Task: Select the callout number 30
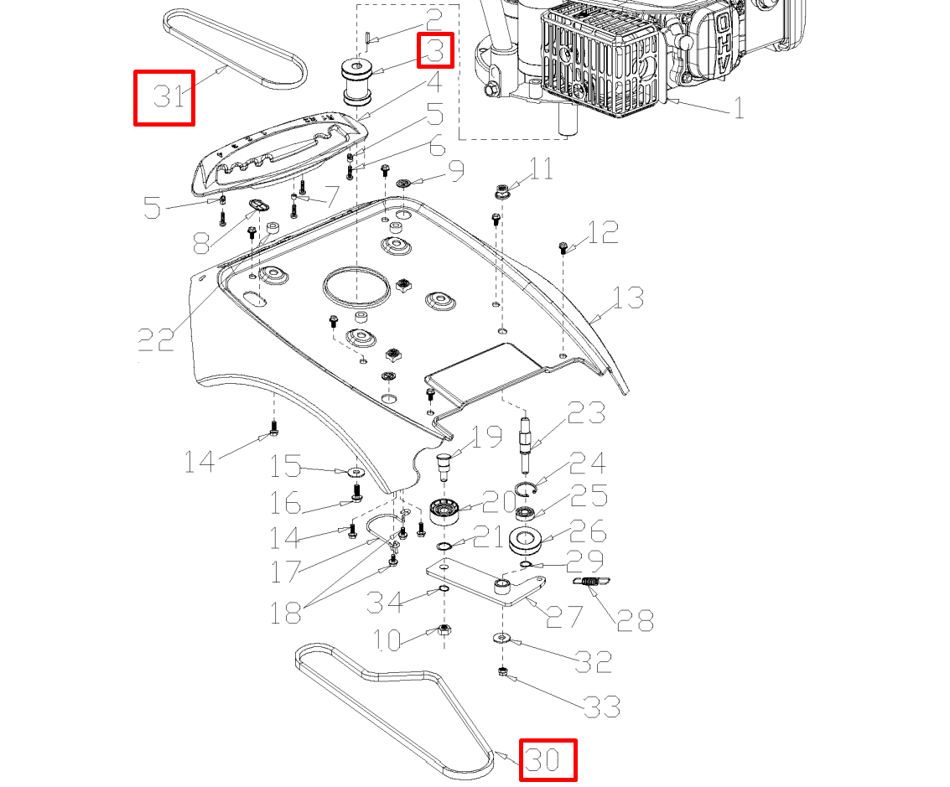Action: click(548, 759)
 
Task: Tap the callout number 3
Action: click(435, 50)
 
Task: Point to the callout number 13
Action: click(628, 298)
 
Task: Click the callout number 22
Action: click(156, 339)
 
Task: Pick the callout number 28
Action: click(635, 619)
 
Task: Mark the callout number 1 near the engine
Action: click(738, 107)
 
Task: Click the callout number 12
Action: click(602, 232)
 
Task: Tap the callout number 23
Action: click(586, 413)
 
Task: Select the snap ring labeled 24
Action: click(524, 490)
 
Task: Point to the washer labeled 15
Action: click(353, 472)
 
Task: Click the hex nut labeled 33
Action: click(503, 671)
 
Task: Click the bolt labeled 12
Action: click(563, 247)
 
